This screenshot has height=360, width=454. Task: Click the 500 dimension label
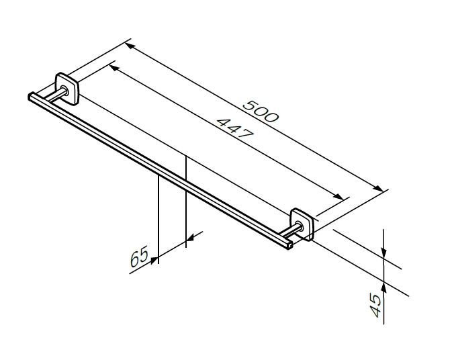pyautogui.click(x=261, y=111)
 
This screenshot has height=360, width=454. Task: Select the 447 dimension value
pyautogui.click(x=235, y=128)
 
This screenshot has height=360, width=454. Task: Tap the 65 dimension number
pyautogui.click(x=139, y=256)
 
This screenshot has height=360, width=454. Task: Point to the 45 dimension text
pyautogui.click(x=376, y=306)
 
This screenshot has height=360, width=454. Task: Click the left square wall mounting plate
pyautogui.click(x=67, y=88)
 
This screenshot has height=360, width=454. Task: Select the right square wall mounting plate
pyautogui.click(x=302, y=224)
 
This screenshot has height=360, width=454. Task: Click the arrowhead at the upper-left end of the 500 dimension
pyautogui.click(x=130, y=46)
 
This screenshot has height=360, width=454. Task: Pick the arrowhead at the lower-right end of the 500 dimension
pyautogui.click(x=378, y=188)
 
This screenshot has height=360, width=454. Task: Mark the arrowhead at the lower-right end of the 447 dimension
pyautogui.click(x=338, y=196)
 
